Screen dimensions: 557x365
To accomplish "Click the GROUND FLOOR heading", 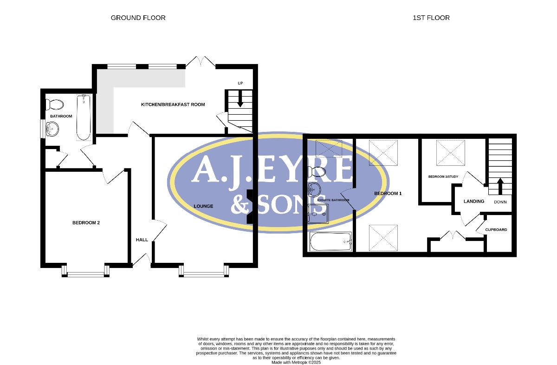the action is click(x=138, y=18).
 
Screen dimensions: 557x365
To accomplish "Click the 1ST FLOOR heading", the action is click(x=431, y=18).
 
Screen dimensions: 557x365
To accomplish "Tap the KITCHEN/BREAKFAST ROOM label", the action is click(x=173, y=104).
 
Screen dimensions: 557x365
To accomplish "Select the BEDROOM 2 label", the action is click(x=86, y=223).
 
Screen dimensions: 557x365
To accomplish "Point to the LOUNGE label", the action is click(x=203, y=206).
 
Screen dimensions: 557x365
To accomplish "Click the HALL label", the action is click(x=142, y=240).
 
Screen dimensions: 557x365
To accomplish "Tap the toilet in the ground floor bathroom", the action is click(x=55, y=104).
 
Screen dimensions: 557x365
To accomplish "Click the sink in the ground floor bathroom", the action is click(x=52, y=129).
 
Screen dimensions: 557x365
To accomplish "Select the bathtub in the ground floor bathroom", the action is click(x=84, y=117).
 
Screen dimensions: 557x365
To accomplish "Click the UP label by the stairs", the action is click(x=240, y=83).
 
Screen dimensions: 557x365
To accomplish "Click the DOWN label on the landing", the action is click(x=500, y=202).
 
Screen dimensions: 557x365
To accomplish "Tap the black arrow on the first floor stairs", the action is click(x=500, y=186).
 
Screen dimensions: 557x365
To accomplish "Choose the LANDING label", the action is click(x=474, y=201).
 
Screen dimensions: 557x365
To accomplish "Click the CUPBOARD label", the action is click(x=496, y=230).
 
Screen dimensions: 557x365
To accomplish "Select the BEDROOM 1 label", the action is click(x=388, y=193).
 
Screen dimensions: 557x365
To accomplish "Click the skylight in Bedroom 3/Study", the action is click(x=451, y=152).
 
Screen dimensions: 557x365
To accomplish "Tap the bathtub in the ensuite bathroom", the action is click(x=330, y=241).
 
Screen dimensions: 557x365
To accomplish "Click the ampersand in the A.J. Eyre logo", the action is click(x=240, y=204).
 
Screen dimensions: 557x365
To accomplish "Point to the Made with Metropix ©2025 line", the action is click(x=296, y=363).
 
